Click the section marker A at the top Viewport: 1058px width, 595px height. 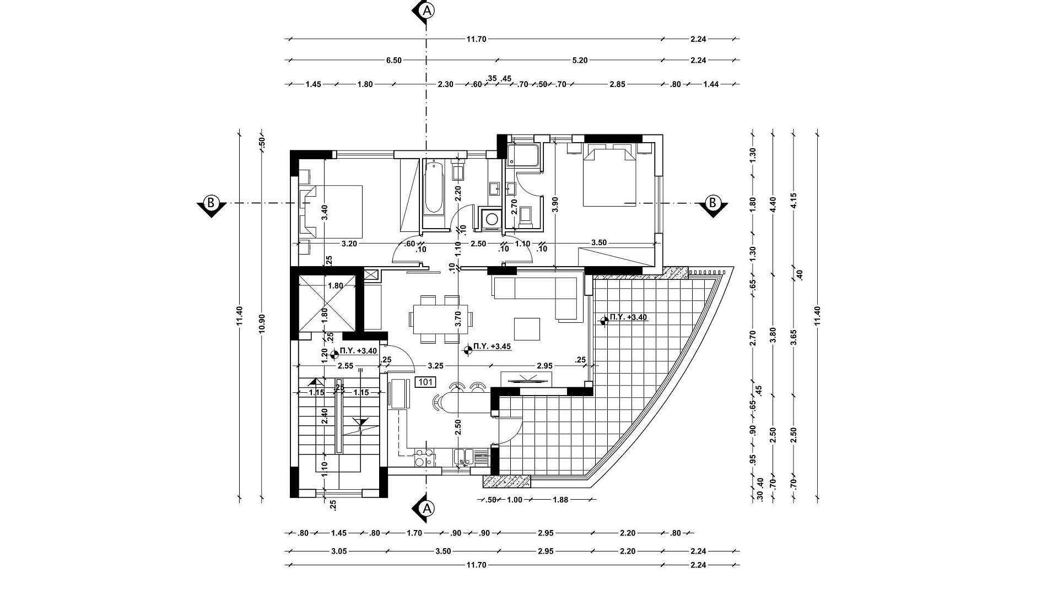pos(425,11)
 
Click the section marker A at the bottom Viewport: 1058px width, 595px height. pos(425,507)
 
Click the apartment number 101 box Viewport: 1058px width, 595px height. pos(425,382)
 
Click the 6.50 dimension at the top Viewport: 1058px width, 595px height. pos(394,60)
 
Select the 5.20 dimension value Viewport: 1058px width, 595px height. pos(580,60)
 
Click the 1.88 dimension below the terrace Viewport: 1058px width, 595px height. pos(560,500)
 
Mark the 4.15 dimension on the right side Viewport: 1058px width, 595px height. pos(793,203)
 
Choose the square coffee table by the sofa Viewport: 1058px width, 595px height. pos(527,329)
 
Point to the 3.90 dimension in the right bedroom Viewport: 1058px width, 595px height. pos(555,205)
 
